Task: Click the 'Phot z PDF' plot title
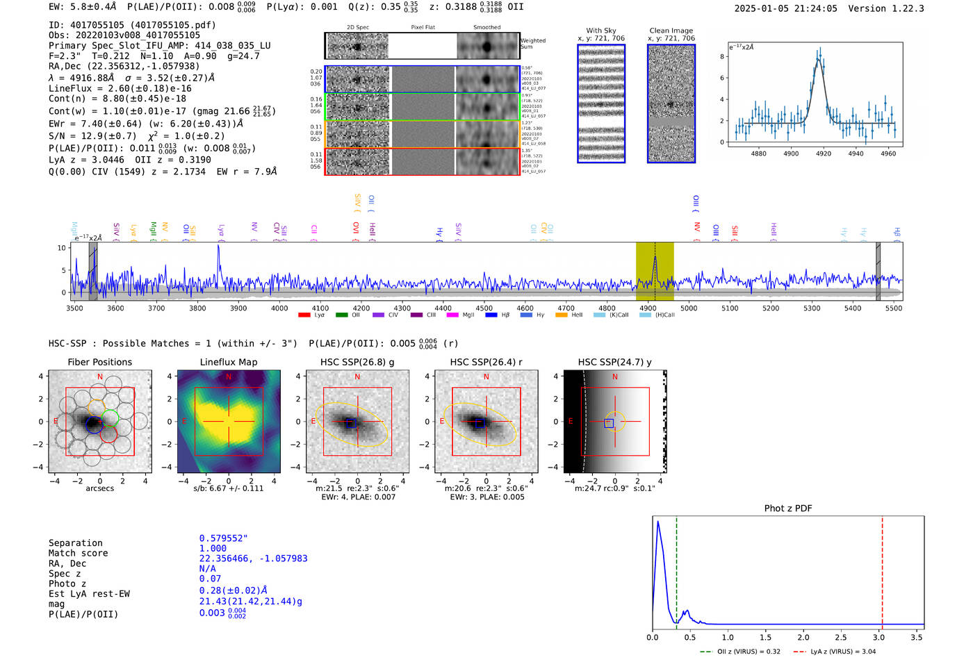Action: pyautogui.click(x=788, y=508)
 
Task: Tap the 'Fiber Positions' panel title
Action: pyautogui.click(x=99, y=362)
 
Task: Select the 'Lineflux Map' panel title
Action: pyautogui.click(x=229, y=362)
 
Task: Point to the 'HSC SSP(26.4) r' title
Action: pyautogui.click(x=486, y=362)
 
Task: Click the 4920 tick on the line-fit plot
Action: pyautogui.click(x=824, y=153)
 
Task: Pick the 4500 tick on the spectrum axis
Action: pyautogui.click(x=484, y=308)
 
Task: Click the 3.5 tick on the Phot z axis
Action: pyautogui.click(x=917, y=637)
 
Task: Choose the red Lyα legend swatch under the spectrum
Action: pyautogui.click(x=304, y=315)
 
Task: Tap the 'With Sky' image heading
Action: pyautogui.click(x=600, y=31)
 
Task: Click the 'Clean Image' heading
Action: pyautogui.click(x=671, y=31)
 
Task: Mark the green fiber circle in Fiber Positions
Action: pyautogui.click(x=110, y=417)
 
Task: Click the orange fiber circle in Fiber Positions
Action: pyautogui.click(x=96, y=406)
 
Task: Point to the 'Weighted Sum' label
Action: pyautogui.click(x=533, y=44)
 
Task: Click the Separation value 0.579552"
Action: pyautogui.click(x=223, y=538)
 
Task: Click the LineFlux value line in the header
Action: pyautogui.click(x=120, y=88)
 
